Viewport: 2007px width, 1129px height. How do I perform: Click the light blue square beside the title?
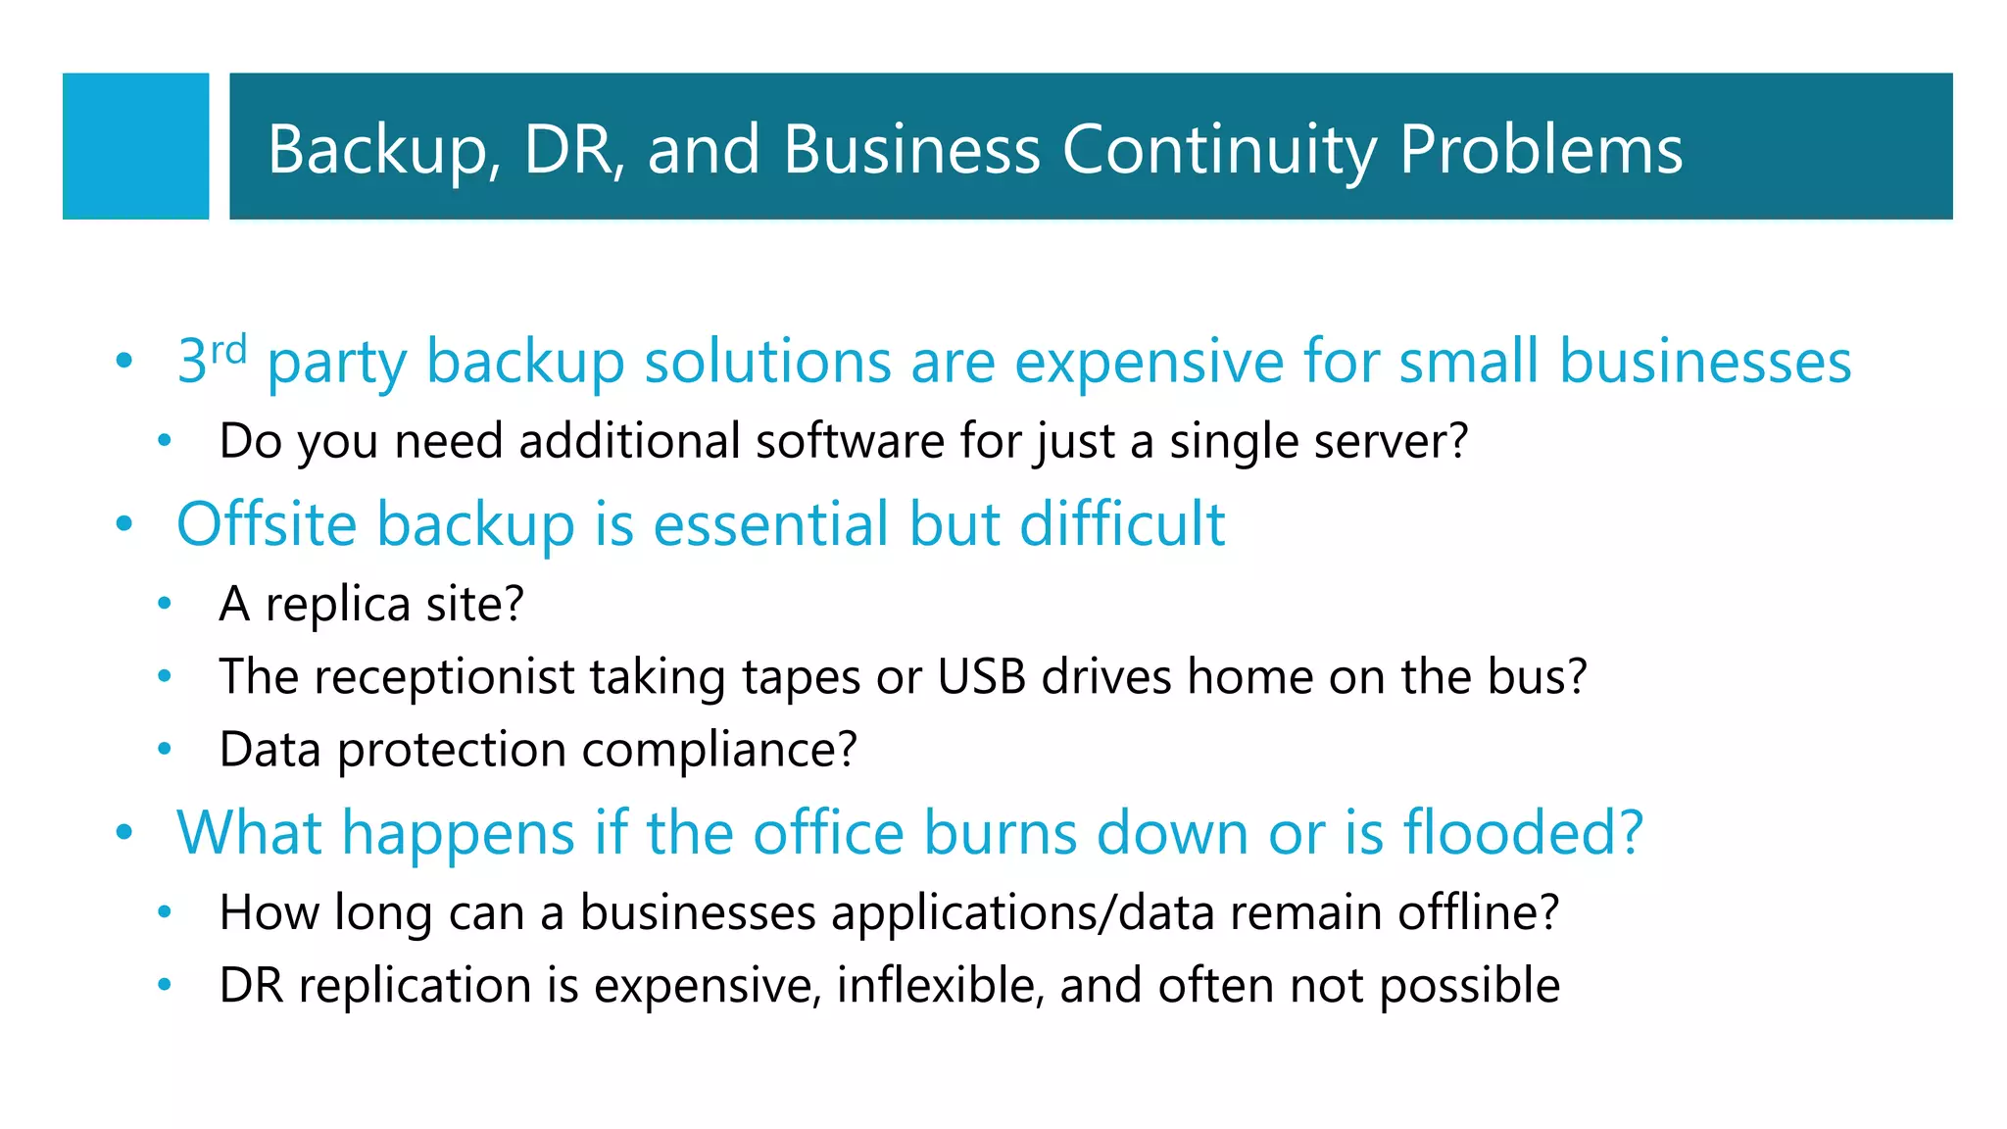tap(135, 146)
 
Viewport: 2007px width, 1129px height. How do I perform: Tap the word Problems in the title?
tap(1541, 150)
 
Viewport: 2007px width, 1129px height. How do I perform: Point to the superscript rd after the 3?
tap(228, 349)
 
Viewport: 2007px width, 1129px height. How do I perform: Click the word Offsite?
tap(267, 523)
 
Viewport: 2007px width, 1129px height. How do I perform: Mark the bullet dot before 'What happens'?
tap(123, 833)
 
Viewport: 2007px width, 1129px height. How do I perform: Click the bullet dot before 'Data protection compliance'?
tap(165, 750)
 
